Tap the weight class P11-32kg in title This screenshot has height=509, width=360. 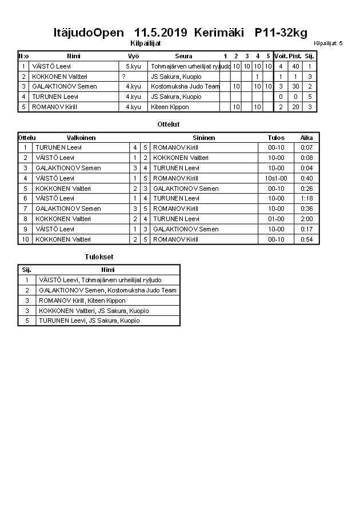[x=277, y=33]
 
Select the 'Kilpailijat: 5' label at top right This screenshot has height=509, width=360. [x=328, y=43]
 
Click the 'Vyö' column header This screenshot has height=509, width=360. [x=133, y=56]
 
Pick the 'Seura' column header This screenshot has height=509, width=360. [x=183, y=56]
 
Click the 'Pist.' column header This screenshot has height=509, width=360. [x=295, y=56]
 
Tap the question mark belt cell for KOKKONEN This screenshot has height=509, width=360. [x=123, y=77]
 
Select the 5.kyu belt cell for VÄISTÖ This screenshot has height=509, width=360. [x=133, y=66]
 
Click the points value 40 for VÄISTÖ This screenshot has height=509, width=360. [x=295, y=66]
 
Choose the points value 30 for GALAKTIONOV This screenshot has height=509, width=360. [x=295, y=87]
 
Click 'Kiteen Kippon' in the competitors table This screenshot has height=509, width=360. [x=170, y=107]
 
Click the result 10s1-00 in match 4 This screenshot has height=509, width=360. [x=276, y=178]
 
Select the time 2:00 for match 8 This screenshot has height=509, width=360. [x=307, y=219]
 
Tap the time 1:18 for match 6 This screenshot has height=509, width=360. [x=307, y=198]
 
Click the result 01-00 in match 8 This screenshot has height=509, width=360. [x=276, y=219]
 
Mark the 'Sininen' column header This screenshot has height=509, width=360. [x=204, y=138]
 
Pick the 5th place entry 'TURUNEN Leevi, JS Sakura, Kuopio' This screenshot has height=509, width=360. [x=89, y=321]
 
